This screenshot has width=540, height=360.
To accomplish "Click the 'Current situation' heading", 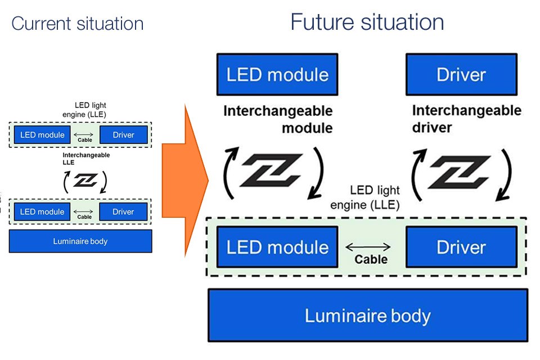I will point(77,24).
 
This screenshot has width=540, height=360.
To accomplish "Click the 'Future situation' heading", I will point(367,22).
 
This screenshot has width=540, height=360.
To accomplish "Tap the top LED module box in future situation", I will point(277,74).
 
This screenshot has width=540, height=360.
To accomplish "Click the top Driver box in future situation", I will point(461,74).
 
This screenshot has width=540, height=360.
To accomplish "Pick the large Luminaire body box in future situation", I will point(368,315).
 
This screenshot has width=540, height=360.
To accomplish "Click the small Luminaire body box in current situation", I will point(80,241).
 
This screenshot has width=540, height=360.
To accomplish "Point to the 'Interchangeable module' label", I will point(278,119).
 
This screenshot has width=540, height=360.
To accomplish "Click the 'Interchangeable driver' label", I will point(466,119).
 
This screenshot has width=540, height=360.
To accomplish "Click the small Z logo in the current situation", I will point(84,180).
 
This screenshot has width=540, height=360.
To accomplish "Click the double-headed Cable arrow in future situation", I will point(367,246).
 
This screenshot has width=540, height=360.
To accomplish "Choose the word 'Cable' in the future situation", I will point(371,259).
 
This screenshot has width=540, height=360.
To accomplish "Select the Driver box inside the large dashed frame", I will point(461,247).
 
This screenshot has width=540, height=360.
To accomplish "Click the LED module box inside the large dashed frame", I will point(277,247).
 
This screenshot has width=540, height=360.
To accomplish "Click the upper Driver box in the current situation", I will point(123,135).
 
